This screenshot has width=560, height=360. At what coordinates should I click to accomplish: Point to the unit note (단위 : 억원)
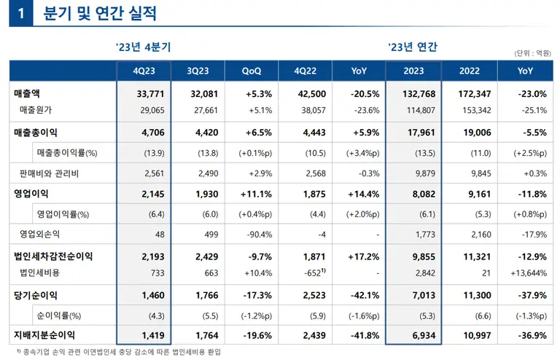click(532, 52)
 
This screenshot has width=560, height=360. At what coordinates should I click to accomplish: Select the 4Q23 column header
click(143, 71)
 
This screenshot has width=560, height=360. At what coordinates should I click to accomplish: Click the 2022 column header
click(469, 71)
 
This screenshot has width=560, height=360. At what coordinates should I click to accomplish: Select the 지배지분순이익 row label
click(44, 335)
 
